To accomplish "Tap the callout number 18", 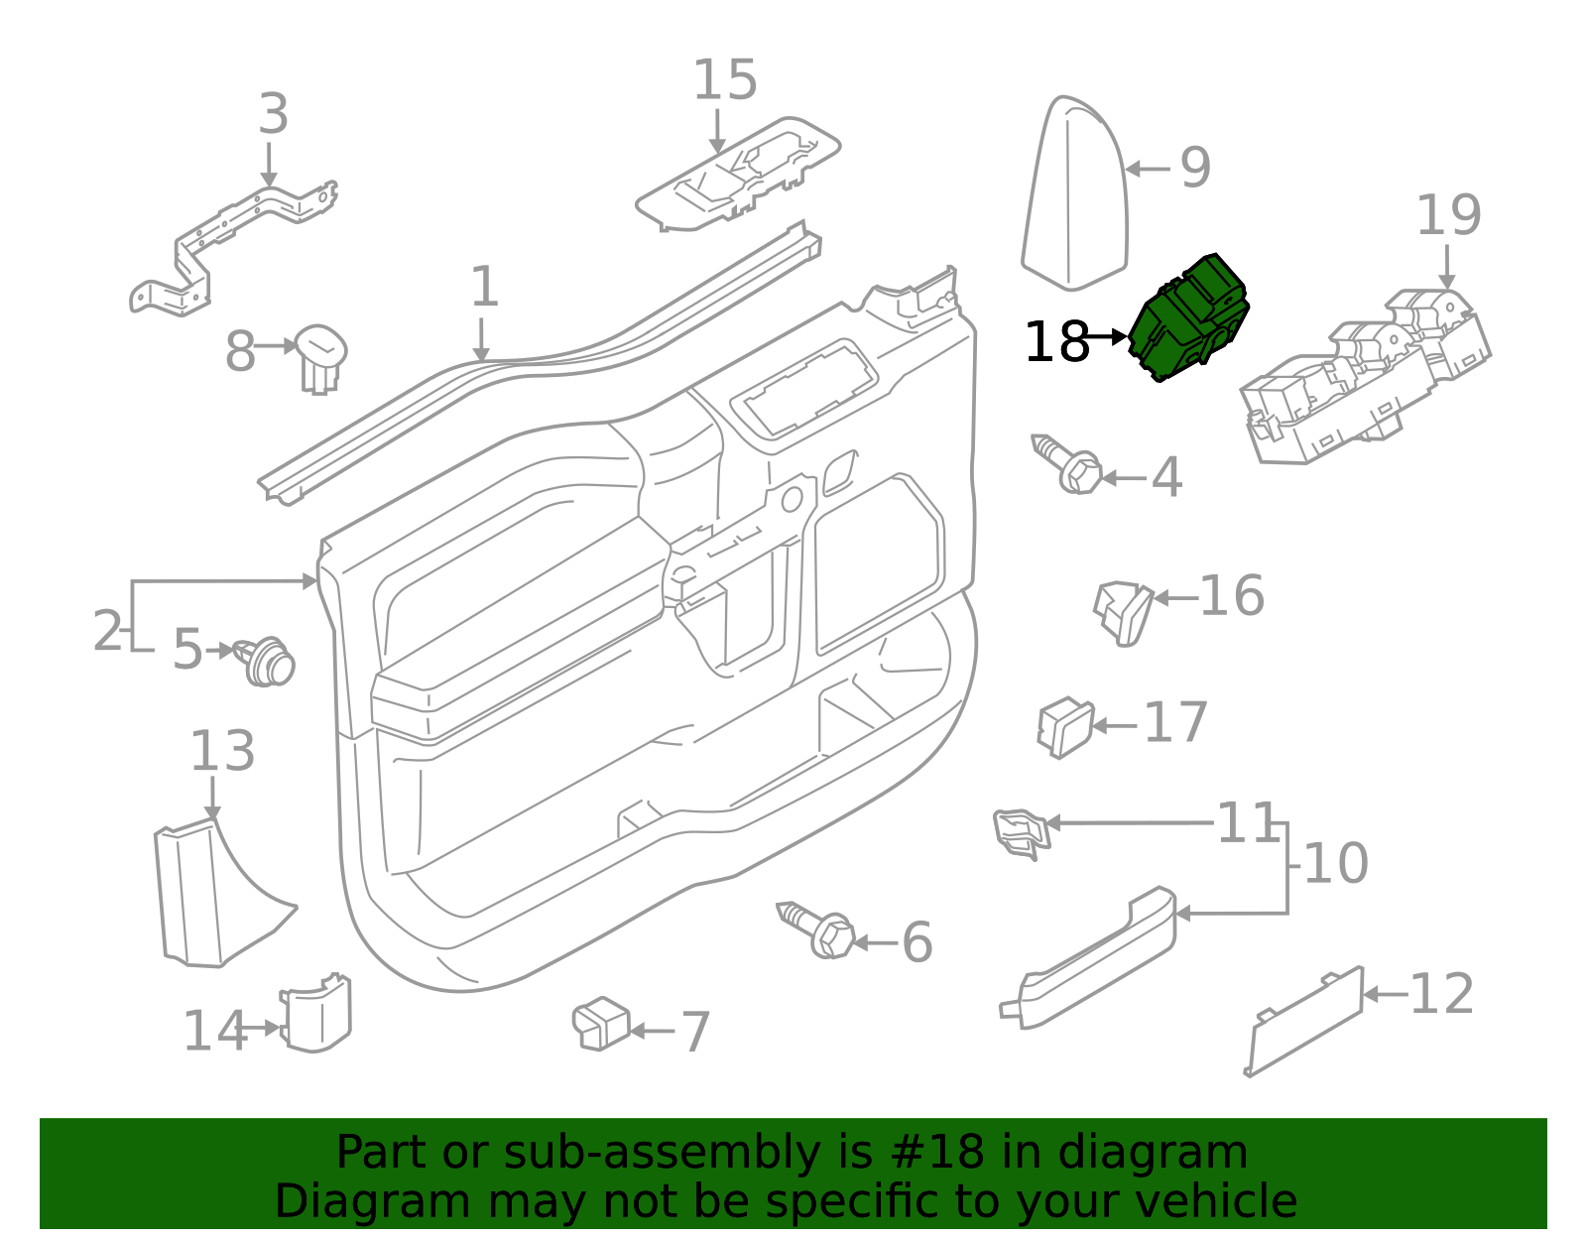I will pos(1056,342).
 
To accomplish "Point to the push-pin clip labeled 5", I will pos(268,662).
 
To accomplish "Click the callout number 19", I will pos(1448,215).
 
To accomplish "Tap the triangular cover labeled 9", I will pos(1076,198).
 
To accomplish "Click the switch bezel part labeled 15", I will pos(739,174).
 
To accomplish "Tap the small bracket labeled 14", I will pos(317,1015).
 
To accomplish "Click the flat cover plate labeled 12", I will pos(1304,1022).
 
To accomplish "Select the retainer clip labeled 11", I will pos(1020,831).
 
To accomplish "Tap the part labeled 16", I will pos(1125,610).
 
